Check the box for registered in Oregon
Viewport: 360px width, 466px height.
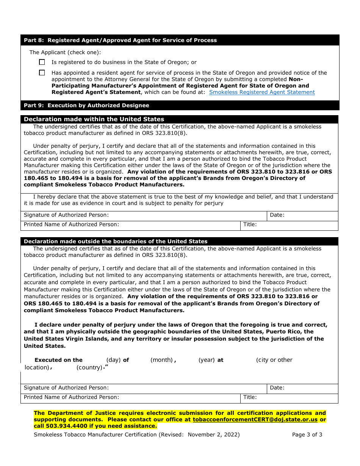[x=42, y=62]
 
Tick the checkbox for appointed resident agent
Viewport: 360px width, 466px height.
[x=42, y=73]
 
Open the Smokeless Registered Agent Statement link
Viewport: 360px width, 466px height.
[x=262, y=92]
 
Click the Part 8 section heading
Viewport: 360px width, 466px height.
[x=120, y=40]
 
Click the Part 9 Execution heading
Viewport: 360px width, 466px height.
[x=86, y=105]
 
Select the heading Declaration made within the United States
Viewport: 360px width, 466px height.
[x=94, y=119]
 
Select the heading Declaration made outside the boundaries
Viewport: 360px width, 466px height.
[x=116, y=241]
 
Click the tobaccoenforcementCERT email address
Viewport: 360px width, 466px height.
[x=255, y=420]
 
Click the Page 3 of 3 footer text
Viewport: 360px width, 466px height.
[x=307, y=435]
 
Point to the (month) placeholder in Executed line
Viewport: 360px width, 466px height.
[x=162, y=360]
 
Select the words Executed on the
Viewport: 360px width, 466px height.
[x=58, y=360]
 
